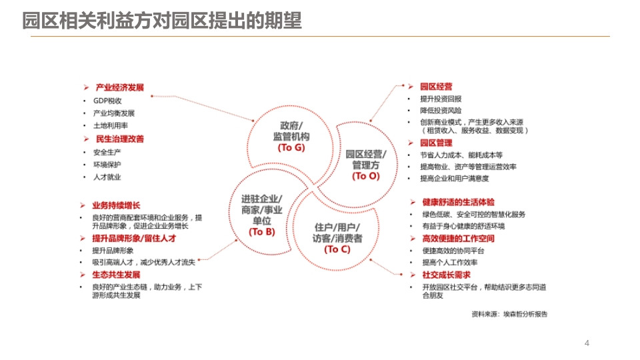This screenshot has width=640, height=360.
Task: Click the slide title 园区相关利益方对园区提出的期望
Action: [x=161, y=21]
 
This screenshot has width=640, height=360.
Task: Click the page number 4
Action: [x=587, y=343]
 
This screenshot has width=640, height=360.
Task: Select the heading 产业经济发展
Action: [x=119, y=88]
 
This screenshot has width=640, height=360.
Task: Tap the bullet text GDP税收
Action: [x=107, y=101]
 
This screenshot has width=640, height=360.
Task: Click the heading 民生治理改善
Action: [x=119, y=139]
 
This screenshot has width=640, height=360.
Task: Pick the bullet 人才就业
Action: [x=107, y=177]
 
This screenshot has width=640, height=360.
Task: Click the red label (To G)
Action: [x=291, y=148]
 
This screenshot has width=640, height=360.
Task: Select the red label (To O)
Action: [x=366, y=176]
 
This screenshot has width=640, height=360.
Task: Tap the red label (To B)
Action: [x=262, y=232]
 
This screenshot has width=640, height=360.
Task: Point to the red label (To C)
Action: [x=337, y=249]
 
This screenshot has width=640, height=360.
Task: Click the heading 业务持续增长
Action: [x=116, y=206]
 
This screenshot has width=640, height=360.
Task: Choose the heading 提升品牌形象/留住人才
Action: [x=134, y=239]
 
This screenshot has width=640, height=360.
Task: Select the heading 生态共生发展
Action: [x=116, y=275]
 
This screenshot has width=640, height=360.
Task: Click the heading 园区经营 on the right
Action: [x=436, y=87]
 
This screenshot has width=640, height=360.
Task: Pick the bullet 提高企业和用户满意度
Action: [x=454, y=179]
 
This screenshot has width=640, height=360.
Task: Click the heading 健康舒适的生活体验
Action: [x=458, y=202]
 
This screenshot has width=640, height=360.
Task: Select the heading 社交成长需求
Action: [x=446, y=275]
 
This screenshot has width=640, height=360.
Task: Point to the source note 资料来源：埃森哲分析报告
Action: [x=509, y=314]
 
